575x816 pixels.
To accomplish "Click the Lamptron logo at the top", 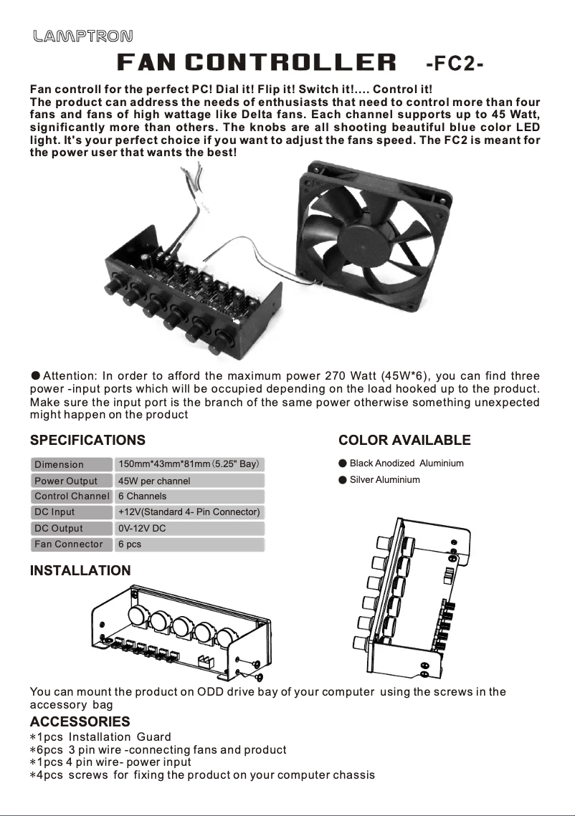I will click(82, 36).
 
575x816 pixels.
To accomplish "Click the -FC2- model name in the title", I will click(455, 64).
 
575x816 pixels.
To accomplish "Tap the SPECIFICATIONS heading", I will click(87, 440).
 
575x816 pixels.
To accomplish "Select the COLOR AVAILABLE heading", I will click(404, 440).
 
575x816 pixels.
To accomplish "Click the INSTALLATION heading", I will click(80, 570).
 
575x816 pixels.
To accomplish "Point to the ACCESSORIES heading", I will click(80, 721).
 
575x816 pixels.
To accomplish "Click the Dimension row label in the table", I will click(60, 464).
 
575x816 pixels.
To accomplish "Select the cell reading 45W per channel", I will click(154, 481).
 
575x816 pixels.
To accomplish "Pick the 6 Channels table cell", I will click(142, 496).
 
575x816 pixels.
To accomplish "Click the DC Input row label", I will click(54, 512).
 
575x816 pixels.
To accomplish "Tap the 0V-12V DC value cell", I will click(142, 528).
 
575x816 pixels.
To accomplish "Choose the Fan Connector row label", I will click(69, 544).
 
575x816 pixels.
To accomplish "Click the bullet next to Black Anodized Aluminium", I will click(343, 464).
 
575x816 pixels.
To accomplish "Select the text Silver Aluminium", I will click(384, 480).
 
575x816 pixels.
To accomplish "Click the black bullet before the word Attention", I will click(35, 376).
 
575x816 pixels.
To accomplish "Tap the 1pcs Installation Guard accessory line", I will click(100, 736).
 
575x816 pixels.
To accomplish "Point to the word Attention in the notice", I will click(70, 376).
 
